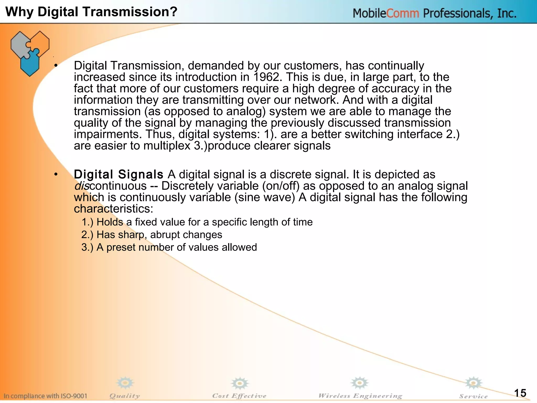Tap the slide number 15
tap(520, 393)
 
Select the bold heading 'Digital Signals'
tap(119, 174)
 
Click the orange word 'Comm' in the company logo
tap(402, 13)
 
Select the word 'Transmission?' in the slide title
tap(133, 12)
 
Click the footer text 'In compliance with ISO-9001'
tap(45, 396)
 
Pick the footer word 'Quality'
tap(125, 396)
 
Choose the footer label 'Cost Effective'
tap(239, 396)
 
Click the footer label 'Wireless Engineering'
tap(360, 396)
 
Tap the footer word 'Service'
tap(473, 396)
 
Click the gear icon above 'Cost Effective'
tap(239, 384)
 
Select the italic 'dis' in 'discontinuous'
tap(82, 186)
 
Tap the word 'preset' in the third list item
tap(121, 247)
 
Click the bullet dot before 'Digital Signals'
tap(56, 174)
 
